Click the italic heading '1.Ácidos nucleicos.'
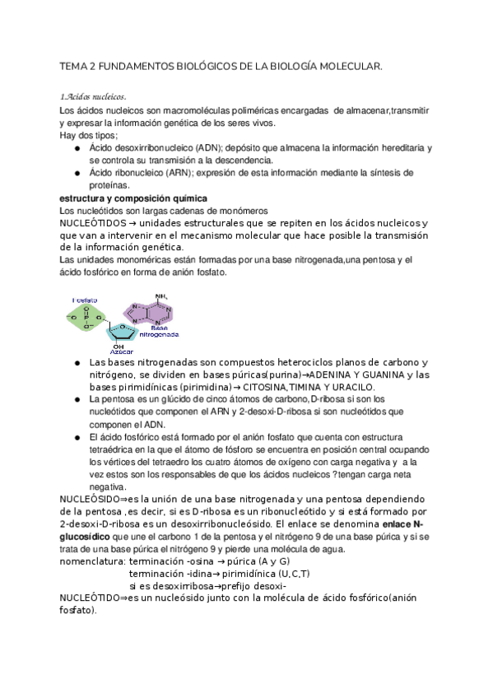pos(93,97)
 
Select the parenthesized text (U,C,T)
pos(289,574)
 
